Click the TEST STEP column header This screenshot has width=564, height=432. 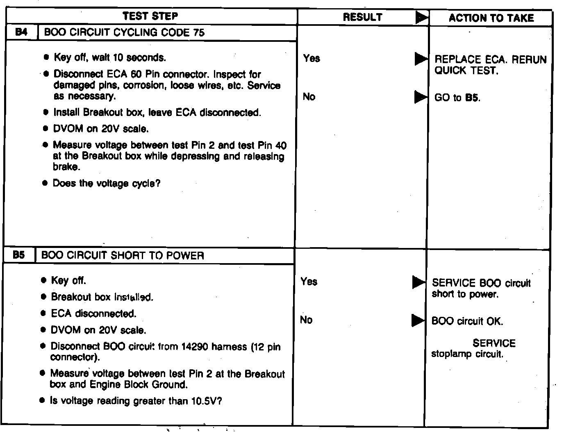coord(150,16)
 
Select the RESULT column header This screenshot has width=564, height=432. coord(362,17)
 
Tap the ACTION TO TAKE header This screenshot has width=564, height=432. coord(491,18)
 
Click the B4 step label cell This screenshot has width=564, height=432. coord(21,32)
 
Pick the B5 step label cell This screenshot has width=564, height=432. coord(19,255)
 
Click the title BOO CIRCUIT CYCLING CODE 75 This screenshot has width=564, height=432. coord(124,32)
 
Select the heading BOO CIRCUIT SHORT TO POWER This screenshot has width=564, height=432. coord(123,256)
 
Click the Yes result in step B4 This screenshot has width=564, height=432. coord(312,58)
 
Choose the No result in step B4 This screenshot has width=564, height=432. coord(309,97)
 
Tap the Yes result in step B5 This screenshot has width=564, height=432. coord(309,282)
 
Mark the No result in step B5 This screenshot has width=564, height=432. coord(306,320)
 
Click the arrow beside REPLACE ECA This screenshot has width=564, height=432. coord(421,59)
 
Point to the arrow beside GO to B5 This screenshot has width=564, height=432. coord(421,97)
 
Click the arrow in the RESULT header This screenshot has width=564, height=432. coord(422,18)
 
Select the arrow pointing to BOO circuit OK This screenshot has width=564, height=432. coord(418,321)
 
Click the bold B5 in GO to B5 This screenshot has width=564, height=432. coord(472,98)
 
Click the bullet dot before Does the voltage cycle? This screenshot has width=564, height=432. coord(45,183)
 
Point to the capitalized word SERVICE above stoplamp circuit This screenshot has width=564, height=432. coord(494,343)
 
